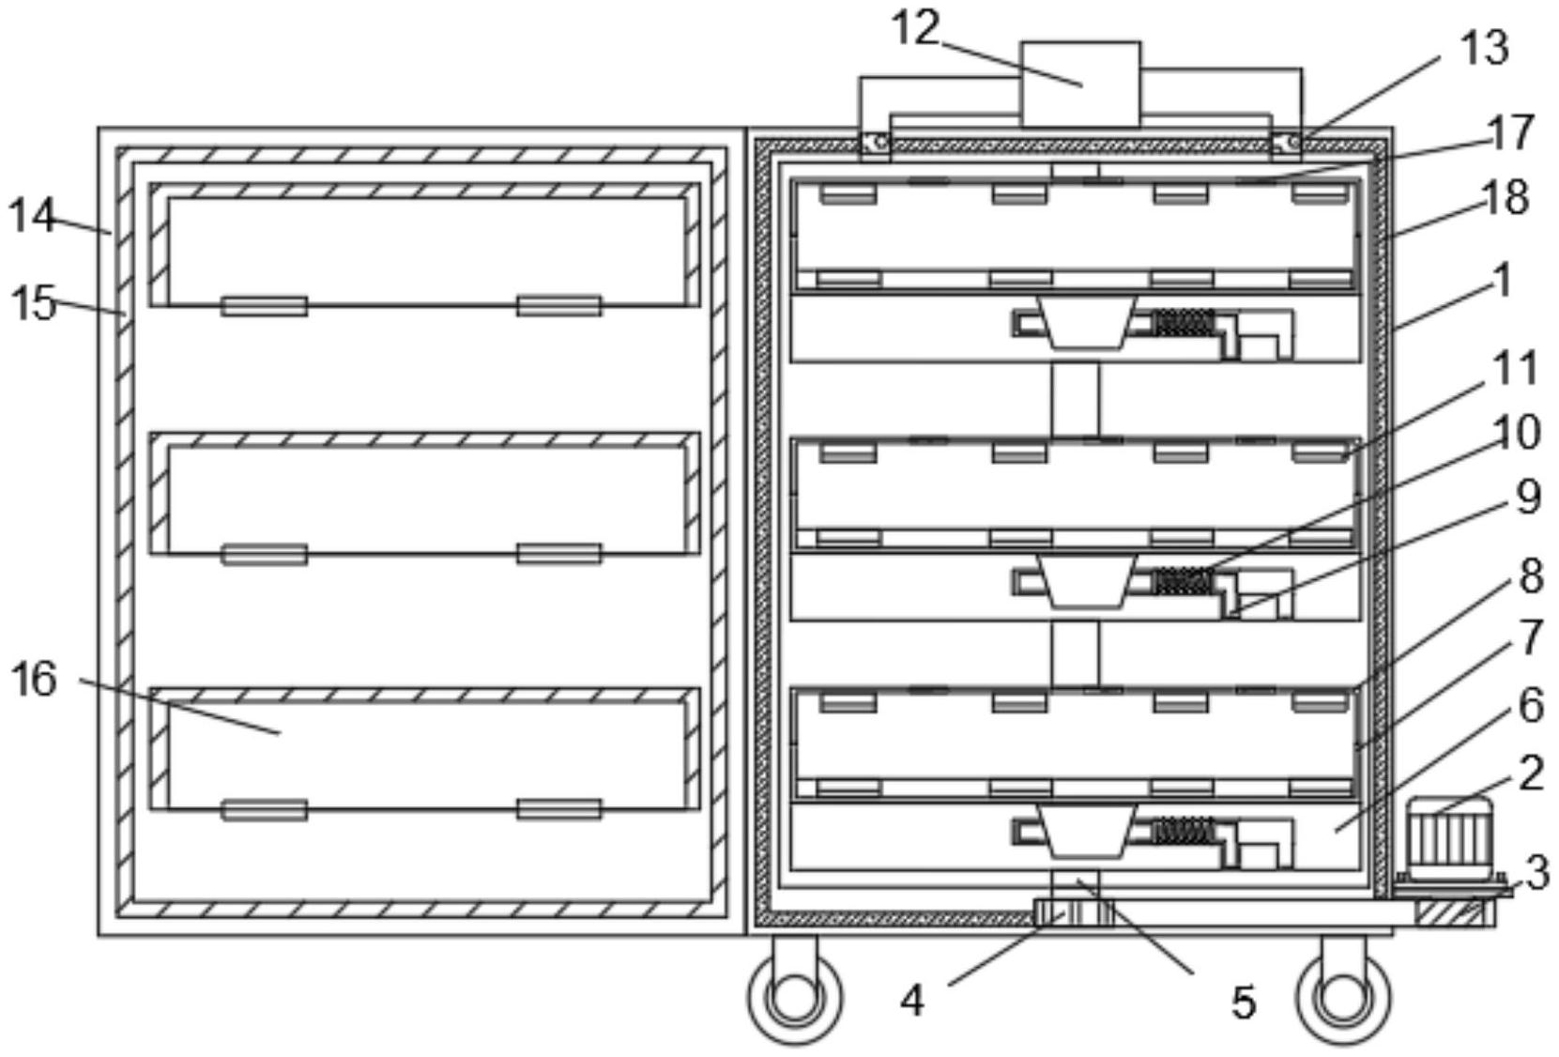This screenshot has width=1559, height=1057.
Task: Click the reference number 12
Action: (x=914, y=28)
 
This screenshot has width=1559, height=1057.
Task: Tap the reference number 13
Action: (x=1484, y=47)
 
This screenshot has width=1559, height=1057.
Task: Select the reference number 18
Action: (x=1506, y=198)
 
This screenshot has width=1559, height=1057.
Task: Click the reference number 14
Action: (x=32, y=217)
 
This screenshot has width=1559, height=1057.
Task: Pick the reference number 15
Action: (x=34, y=303)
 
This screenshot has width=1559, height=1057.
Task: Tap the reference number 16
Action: (x=34, y=679)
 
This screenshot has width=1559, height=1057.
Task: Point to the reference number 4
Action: (x=911, y=1001)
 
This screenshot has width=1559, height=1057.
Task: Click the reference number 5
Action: (x=1243, y=1003)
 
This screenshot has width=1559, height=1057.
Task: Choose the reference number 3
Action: (x=1536, y=873)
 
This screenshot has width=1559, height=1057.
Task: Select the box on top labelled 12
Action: (x=1080, y=84)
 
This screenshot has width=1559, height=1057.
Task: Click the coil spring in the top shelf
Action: (x=1183, y=323)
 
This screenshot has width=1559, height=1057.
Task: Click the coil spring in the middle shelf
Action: (x=1183, y=581)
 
